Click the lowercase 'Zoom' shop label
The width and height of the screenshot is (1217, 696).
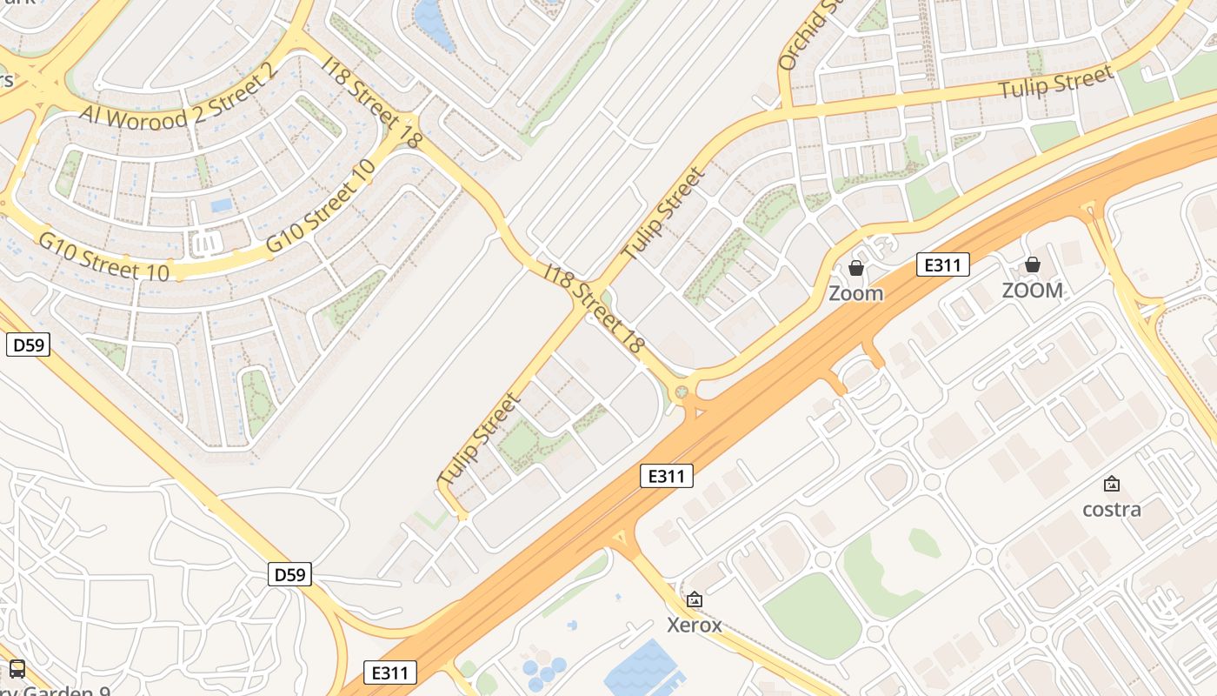(855, 293)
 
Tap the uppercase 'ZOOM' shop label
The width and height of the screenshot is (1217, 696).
(1032, 291)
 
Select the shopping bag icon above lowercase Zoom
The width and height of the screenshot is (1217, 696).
(856, 268)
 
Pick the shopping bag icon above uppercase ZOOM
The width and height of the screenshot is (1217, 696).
(1033, 264)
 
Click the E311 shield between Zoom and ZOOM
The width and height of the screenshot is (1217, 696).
(942, 264)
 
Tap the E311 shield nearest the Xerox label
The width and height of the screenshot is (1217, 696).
(667, 476)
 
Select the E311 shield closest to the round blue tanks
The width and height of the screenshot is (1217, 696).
(389, 673)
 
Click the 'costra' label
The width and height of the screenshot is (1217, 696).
(1111, 509)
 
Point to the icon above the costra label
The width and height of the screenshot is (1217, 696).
(1111, 484)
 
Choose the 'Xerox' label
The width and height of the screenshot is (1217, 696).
(694, 625)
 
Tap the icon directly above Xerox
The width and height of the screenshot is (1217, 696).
(694, 599)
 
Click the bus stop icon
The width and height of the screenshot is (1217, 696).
(17, 669)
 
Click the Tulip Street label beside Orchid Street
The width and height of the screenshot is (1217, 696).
(1055, 84)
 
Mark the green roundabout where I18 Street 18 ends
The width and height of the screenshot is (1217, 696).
(682, 392)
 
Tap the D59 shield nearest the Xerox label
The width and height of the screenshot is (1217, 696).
(290, 574)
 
